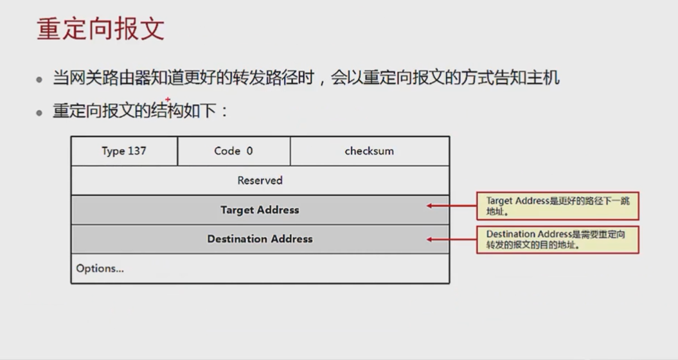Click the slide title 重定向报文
tap(100, 30)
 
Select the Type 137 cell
tap(124, 151)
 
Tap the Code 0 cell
tap(233, 151)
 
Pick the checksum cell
tap(370, 151)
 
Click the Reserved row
tap(260, 181)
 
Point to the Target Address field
tap(260, 210)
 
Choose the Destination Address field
tap(260, 239)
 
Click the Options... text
tap(100, 269)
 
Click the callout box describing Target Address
tap(557, 206)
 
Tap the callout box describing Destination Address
tap(557, 240)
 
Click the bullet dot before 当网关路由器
tap(40, 80)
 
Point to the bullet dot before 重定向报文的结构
tap(40, 113)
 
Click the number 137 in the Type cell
tap(136, 151)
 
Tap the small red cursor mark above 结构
tap(168, 100)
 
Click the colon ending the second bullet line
tap(224, 112)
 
